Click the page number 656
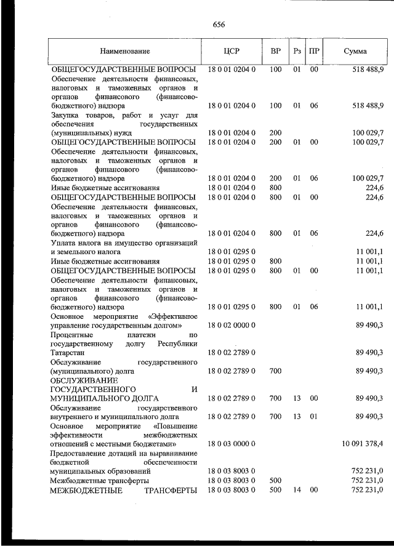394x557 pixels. (x=219, y=25)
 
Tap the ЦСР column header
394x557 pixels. (x=231, y=51)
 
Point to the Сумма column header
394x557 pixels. (x=355, y=51)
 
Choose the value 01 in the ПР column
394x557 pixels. (x=314, y=416)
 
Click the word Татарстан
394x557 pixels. (x=70, y=353)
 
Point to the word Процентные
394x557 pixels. (x=71, y=334)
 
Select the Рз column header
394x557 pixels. (x=297, y=51)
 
